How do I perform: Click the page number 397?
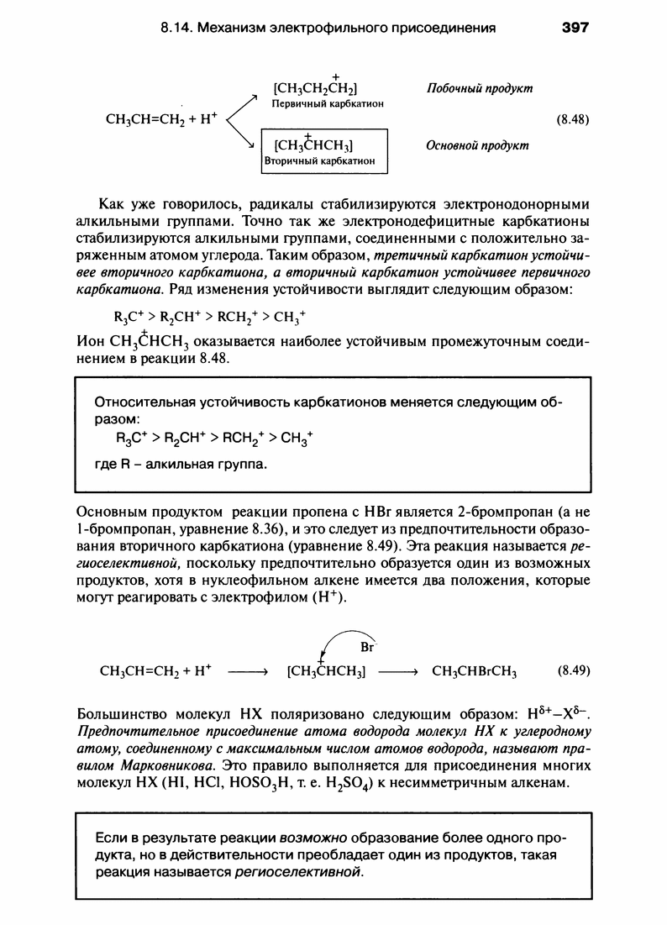coord(575,27)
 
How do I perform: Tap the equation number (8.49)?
coord(574,671)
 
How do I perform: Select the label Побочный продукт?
coord(480,88)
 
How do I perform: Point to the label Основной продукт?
coord(477,145)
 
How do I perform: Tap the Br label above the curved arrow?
coord(366,648)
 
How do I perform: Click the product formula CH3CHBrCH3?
coord(474,671)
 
